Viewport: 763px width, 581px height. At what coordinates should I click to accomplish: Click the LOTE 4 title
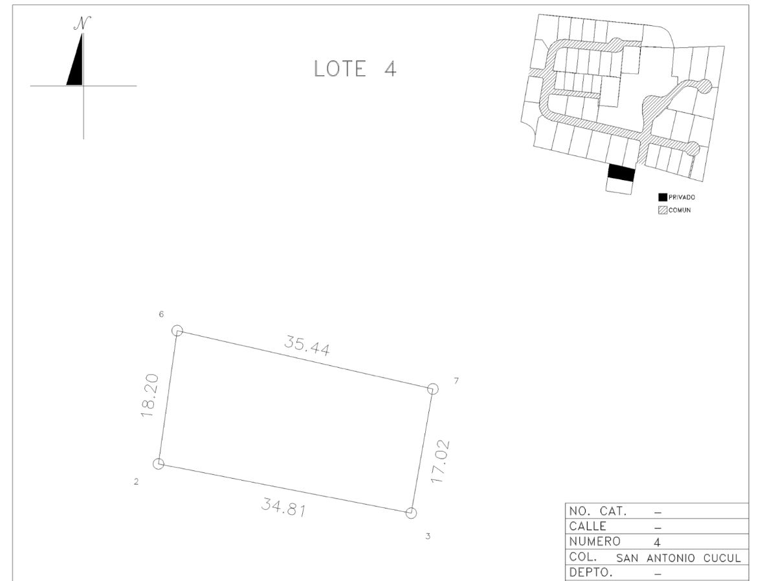[x=355, y=69]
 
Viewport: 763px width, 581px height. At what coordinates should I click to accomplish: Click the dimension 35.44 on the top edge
[x=307, y=346]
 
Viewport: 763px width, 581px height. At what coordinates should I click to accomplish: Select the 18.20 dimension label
[x=149, y=396]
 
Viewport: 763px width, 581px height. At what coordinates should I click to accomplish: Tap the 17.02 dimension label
[x=440, y=462]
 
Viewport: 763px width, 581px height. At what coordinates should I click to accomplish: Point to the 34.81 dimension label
[x=283, y=507]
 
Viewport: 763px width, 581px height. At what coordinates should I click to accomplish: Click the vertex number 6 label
[x=161, y=315]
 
